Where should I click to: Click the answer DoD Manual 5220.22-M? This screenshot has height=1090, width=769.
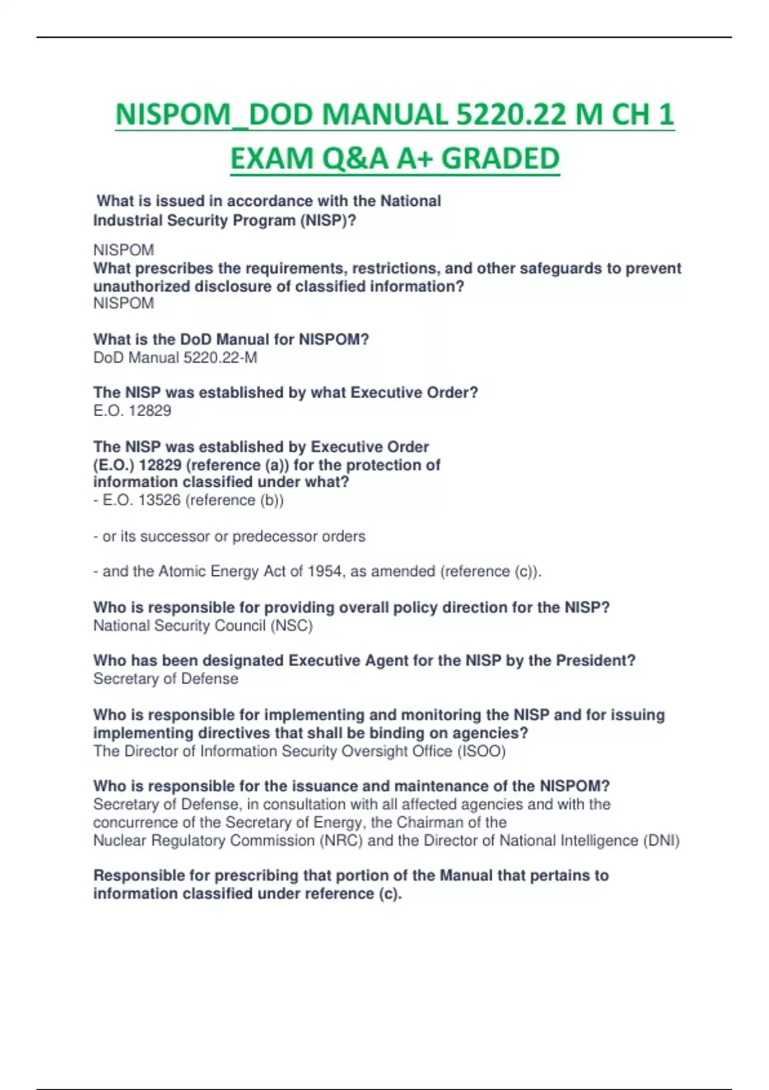pos(175,357)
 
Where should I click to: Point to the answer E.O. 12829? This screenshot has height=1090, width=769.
pos(132,410)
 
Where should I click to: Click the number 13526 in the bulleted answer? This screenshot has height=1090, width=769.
pos(160,500)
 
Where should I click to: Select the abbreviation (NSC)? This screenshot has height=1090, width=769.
pos(292,625)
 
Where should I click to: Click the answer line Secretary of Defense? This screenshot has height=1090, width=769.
pos(165,678)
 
